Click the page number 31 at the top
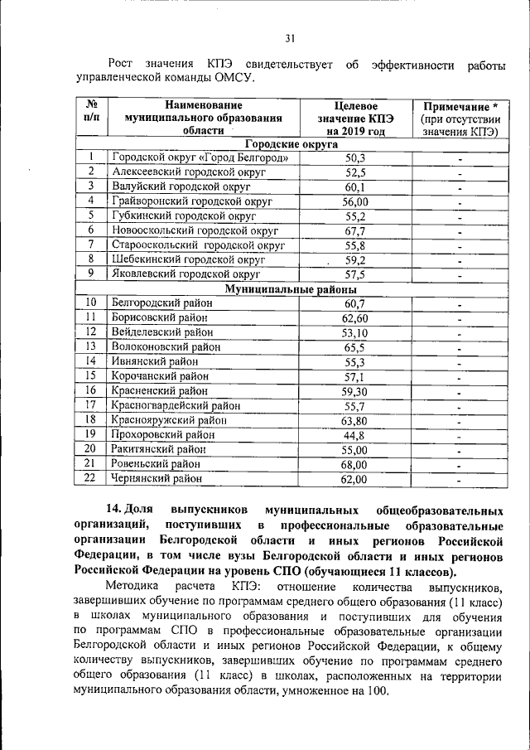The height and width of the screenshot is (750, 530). point(290,37)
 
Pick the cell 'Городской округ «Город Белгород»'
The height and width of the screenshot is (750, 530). point(200,157)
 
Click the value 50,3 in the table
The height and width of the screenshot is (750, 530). point(355,157)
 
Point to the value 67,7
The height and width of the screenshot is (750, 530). point(355,231)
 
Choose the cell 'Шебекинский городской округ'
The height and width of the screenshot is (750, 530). point(187,260)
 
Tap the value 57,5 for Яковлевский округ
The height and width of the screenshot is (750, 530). point(355,275)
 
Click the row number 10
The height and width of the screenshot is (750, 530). point(91,303)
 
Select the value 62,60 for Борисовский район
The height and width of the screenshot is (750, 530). point(355,318)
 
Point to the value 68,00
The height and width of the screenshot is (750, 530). point(355,464)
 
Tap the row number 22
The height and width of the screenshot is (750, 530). point(91,478)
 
